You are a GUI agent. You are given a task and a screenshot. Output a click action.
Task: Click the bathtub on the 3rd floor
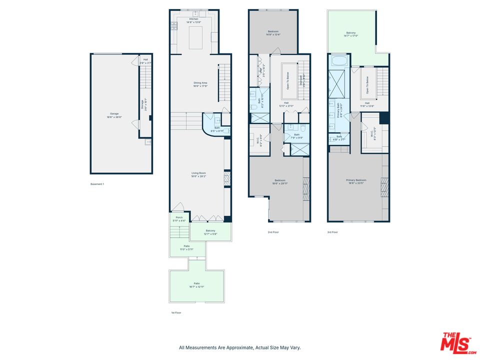tap(338, 61)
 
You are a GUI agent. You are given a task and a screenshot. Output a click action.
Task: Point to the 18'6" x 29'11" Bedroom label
tap(279, 181)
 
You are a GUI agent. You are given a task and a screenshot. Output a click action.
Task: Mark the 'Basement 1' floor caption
tap(97, 184)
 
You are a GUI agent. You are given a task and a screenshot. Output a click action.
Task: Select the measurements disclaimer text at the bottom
tap(240, 347)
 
